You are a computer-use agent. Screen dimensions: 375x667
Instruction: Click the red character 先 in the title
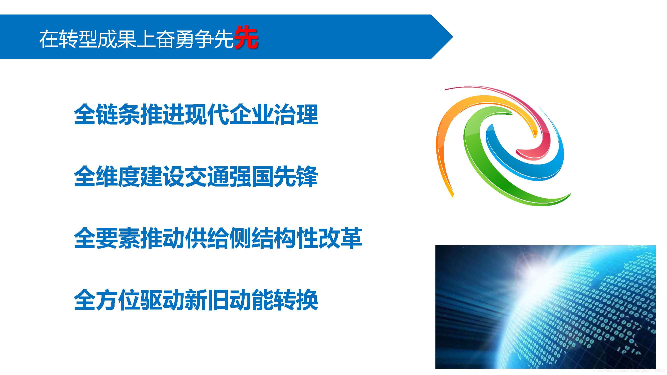[x=246, y=37]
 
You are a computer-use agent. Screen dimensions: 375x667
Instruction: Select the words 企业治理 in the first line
[x=273, y=115]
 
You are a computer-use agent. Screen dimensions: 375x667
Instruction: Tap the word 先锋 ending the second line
[x=296, y=177]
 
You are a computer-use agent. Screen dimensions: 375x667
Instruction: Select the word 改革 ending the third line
[x=340, y=238]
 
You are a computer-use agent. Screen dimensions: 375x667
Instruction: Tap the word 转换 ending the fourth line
[x=296, y=300]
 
